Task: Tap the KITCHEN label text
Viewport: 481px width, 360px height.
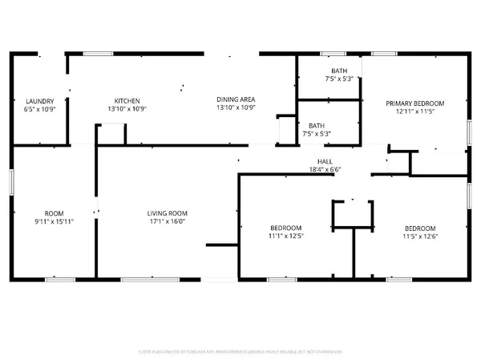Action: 127,101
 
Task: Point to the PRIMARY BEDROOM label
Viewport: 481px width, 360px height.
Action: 414,103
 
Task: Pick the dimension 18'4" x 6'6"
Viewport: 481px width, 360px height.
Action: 325,170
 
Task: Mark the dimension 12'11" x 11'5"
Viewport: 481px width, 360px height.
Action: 414,111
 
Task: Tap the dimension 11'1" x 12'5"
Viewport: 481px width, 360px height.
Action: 285,236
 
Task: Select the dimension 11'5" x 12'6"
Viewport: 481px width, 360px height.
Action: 421,236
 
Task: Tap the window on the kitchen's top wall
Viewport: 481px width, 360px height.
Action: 98,54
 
